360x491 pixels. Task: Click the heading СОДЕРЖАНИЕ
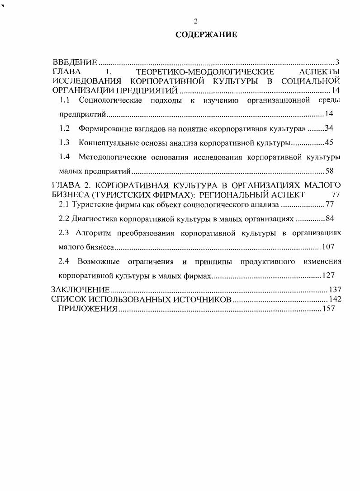click(x=206, y=34)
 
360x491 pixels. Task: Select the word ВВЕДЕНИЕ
click(x=75, y=62)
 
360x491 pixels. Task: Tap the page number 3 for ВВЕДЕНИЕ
click(x=337, y=62)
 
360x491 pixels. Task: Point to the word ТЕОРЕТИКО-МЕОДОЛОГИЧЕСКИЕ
click(x=205, y=72)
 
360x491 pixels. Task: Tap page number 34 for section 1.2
click(x=329, y=128)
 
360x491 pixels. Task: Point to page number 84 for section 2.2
click(x=329, y=219)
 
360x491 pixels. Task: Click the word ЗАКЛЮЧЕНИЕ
click(x=81, y=289)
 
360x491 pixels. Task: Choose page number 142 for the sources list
click(x=335, y=299)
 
